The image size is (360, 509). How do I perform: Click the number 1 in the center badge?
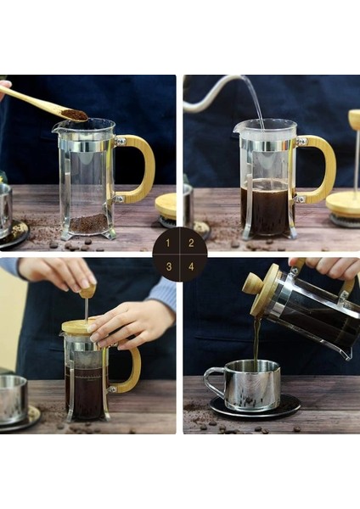pyautogui.click(x=167, y=243)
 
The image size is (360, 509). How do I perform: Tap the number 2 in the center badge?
pyautogui.click(x=191, y=243)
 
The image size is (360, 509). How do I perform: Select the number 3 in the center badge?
pyautogui.click(x=169, y=266)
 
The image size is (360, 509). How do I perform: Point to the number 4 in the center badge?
pyautogui.click(x=191, y=266)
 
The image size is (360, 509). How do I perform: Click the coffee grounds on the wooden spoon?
pyautogui.click(x=75, y=115)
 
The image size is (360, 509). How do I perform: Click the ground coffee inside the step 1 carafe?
pyautogui.click(x=88, y=223)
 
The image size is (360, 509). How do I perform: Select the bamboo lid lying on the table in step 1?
pyautogui.click(x=166, y=206)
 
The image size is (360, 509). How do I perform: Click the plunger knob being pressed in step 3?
pyautogui.click(x=87, y=291)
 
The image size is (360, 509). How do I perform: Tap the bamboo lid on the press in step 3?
pyautogui.click(x=80, y=327)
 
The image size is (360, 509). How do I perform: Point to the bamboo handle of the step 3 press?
pyautogui.click(x=130, y=370)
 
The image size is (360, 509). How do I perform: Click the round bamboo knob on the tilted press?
pyautogui.click(x=253, y=283)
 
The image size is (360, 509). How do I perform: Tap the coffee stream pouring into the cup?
pyautogui.click(x=256, y=344)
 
